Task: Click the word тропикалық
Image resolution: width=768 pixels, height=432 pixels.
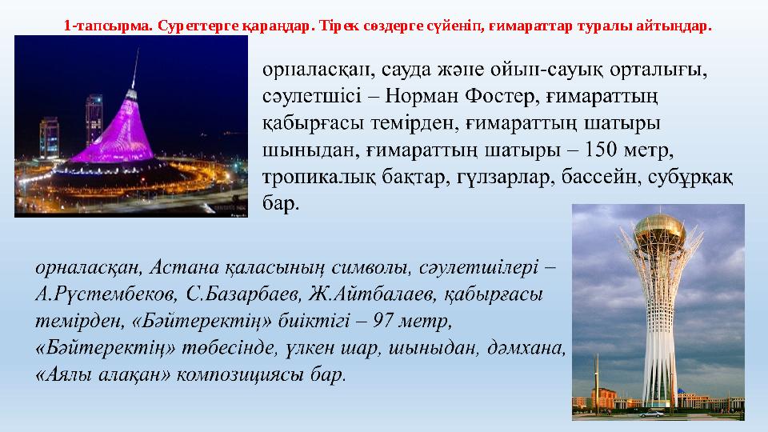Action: pos(317,176)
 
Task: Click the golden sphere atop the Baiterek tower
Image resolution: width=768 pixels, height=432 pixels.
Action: pos(659,233)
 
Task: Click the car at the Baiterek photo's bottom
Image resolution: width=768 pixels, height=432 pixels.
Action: pos(654,414)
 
